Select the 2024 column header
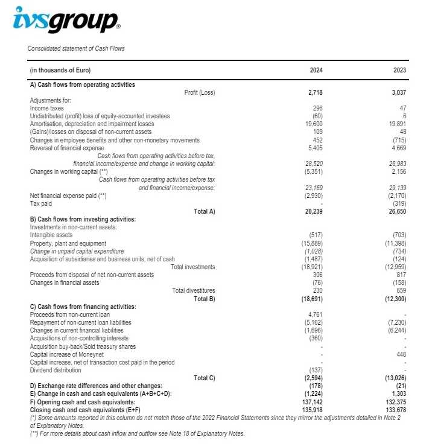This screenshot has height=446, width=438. point(316,70)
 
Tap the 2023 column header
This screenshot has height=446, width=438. point(399,70)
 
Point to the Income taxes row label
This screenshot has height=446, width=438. point(47,108)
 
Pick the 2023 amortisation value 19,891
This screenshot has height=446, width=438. point(397,124)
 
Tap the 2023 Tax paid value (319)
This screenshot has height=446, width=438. point(399,203)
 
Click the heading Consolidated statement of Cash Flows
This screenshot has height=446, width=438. point(76,48)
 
